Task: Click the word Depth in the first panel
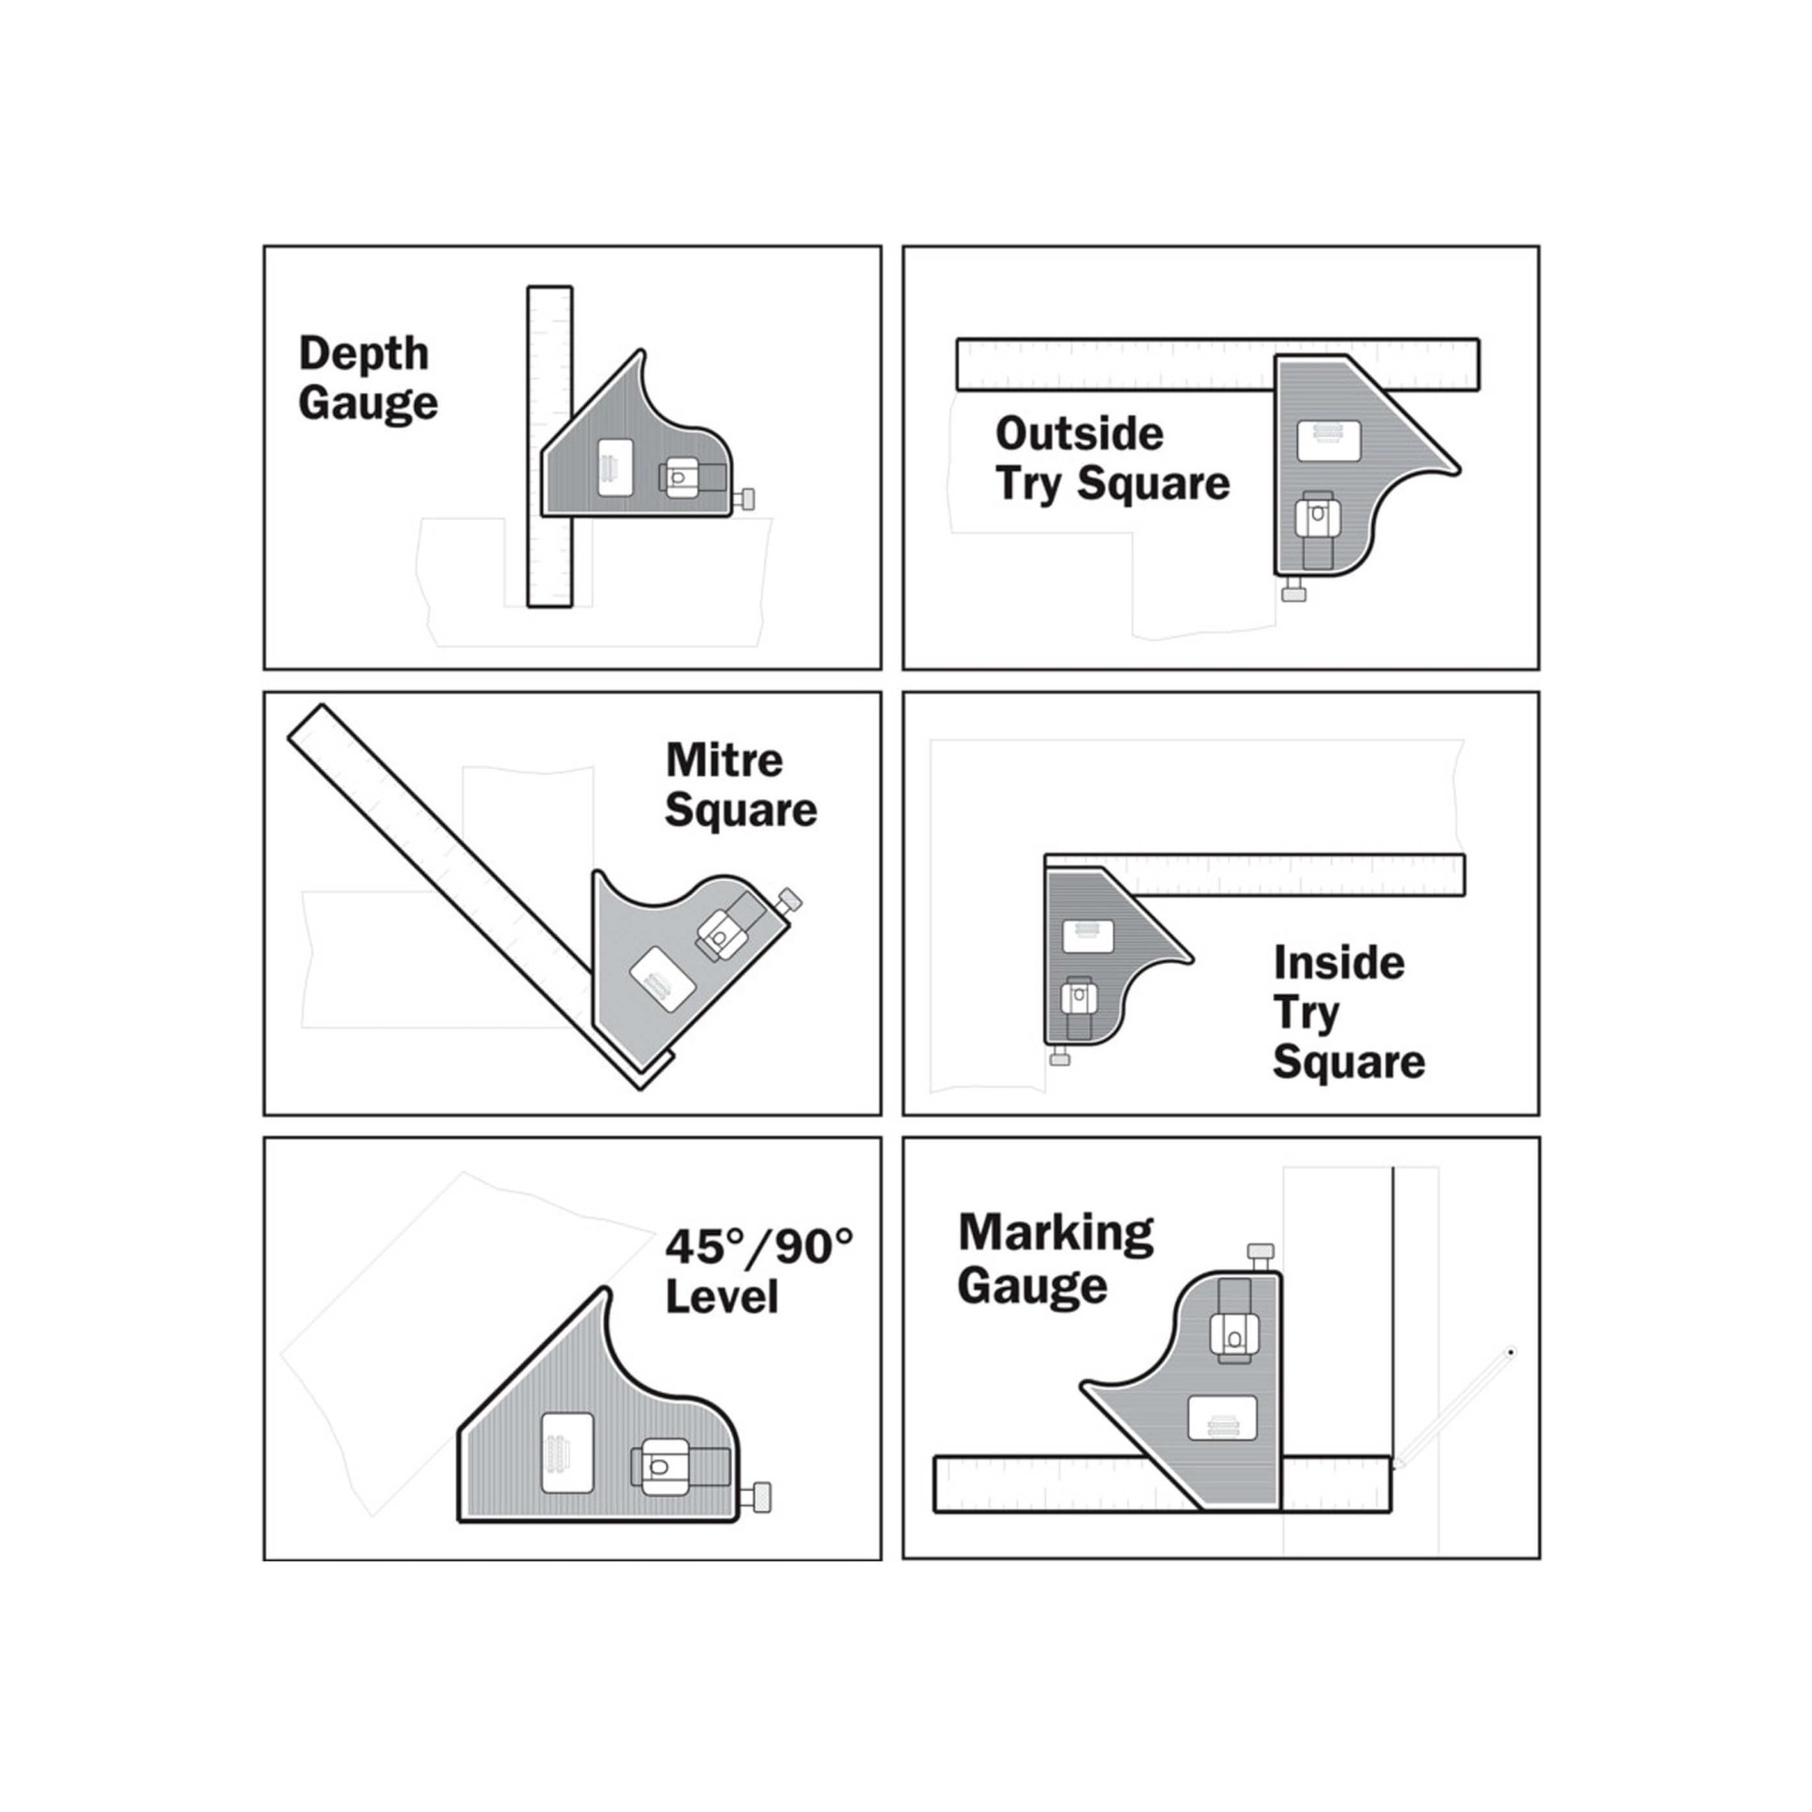pyautogui.click(x=364, y=353)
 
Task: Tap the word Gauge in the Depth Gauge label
pyautogui.click(x=369, y=404)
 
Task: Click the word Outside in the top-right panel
pyautogui.click(x=1080, y=434)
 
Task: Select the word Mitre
pyautogui.click(x=724, y=760)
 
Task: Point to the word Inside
pyautogui.click(x=1339, y=963)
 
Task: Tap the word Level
pyautogui.click(x=722, y=1297)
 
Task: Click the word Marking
pyautogui.click(x=1056, y=1233)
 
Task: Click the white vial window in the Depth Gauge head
pyautogui.click(x=614, y=467)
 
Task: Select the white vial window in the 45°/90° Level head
pyautogui.click(x=568, y=1453)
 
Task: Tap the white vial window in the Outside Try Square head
pyautogui.click(x=1329, y=441)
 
